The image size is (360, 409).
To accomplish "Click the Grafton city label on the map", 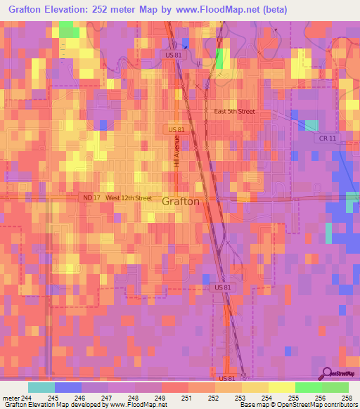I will (x=181, y=201).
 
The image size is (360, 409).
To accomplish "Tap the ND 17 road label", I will (x=91, y=198).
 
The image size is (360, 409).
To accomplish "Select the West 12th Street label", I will (x=129, y=198).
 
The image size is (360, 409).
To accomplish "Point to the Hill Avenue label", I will (x=176, y=152).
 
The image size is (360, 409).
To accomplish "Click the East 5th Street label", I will (x=234, y=112).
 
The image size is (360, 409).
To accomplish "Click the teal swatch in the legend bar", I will (x=41, y=387).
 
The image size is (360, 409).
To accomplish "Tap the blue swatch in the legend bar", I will (x=67, y=387).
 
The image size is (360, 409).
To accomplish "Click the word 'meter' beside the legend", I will (x=10, y=397).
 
